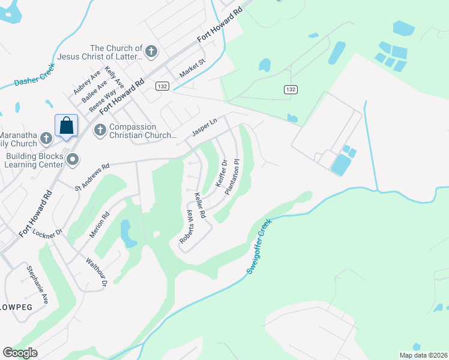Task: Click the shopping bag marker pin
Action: click(67, 126)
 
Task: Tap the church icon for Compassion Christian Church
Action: click(100, 129)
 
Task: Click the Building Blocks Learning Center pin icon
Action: click(73, 159)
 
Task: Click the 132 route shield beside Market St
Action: click(162, 86)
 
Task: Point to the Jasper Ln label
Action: click(203, 127)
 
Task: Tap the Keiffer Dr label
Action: click(220, 172)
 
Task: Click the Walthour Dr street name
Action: click(96, 272)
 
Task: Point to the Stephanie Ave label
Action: click(37, 283)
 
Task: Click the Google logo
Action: click(20, 353)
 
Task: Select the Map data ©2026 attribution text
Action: click(423, 355)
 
